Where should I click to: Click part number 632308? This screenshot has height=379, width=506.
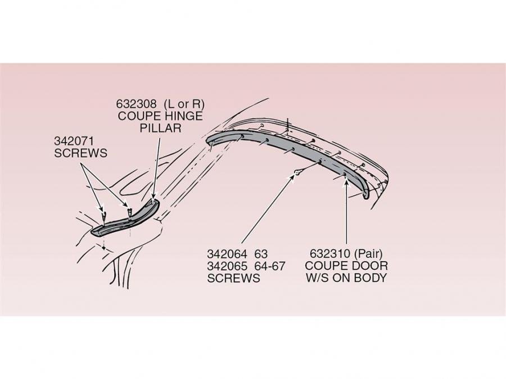click(x=137, y=104)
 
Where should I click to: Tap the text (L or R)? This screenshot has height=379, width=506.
click(x=184, y=104)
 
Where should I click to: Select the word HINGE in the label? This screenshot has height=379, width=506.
click(x=184, y=116)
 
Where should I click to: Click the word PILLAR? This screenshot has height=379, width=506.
click(x=160, y=128)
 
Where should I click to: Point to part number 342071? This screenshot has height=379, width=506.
click(x=74, y=141)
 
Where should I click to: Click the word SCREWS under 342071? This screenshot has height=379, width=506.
click(x=80, y=153)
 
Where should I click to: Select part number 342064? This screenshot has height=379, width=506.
click(x=227, y=254)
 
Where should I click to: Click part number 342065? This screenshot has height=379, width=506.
click(x=227, y=266)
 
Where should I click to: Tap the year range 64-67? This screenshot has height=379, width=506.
click(x=270, y=266)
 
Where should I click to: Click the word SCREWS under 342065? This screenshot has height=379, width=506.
click(x=233, y=278)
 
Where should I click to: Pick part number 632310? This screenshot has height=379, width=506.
click(x=330, y=254)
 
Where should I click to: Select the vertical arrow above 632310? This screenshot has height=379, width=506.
click(x=346, y=213)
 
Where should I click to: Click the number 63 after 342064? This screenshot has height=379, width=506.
click(x=261, y=254)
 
